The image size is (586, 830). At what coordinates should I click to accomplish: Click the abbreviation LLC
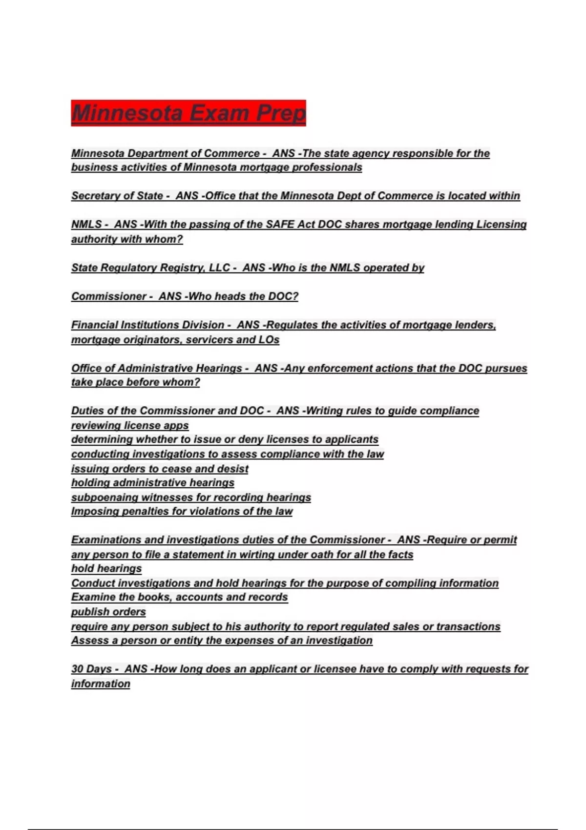pyautogui.click(x=219, y=268)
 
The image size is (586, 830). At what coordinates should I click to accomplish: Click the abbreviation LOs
pyautogui.click(x=269, y=340)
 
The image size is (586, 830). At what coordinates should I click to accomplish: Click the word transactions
pyautogui.click(x=468, y=626)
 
